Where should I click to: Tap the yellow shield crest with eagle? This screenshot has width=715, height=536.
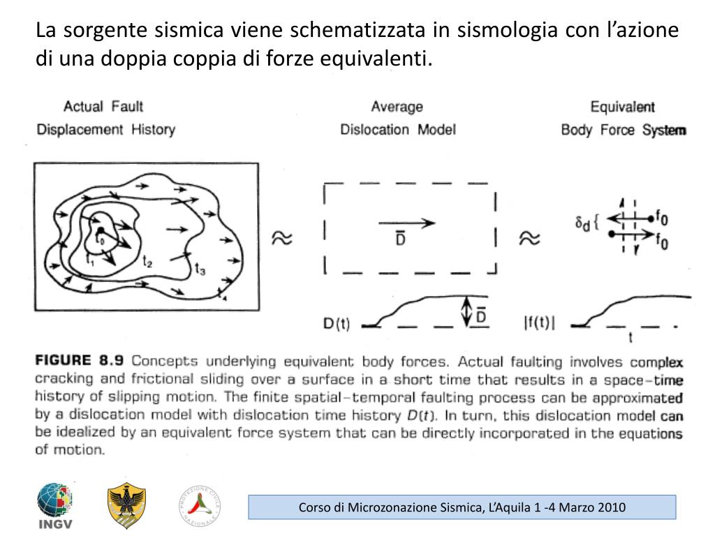click(126, 506)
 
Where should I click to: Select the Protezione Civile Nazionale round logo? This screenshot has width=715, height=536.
click(200, 505)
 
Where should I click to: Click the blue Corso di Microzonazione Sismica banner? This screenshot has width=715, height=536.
click(462, 507)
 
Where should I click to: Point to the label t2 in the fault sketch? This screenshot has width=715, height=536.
click(148, 262)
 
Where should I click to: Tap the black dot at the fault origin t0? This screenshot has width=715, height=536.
click(101, 230)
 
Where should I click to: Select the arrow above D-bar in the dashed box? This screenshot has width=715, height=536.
click(406, 223)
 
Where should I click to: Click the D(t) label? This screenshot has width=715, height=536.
click(337, 324)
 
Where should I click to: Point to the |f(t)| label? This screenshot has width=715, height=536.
click(540, 324)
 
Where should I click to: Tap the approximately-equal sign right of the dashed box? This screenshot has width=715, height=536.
click(529, 239)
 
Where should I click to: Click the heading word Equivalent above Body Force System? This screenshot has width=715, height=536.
click(622, 107)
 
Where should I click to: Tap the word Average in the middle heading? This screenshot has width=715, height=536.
click(397, 107)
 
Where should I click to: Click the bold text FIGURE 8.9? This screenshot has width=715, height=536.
click(79, 361)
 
